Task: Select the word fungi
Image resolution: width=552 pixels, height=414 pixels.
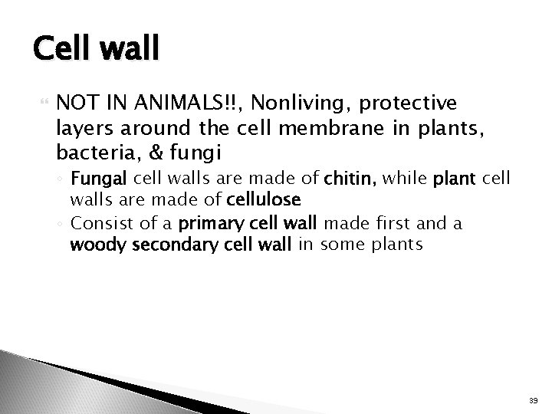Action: coord(176,148)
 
